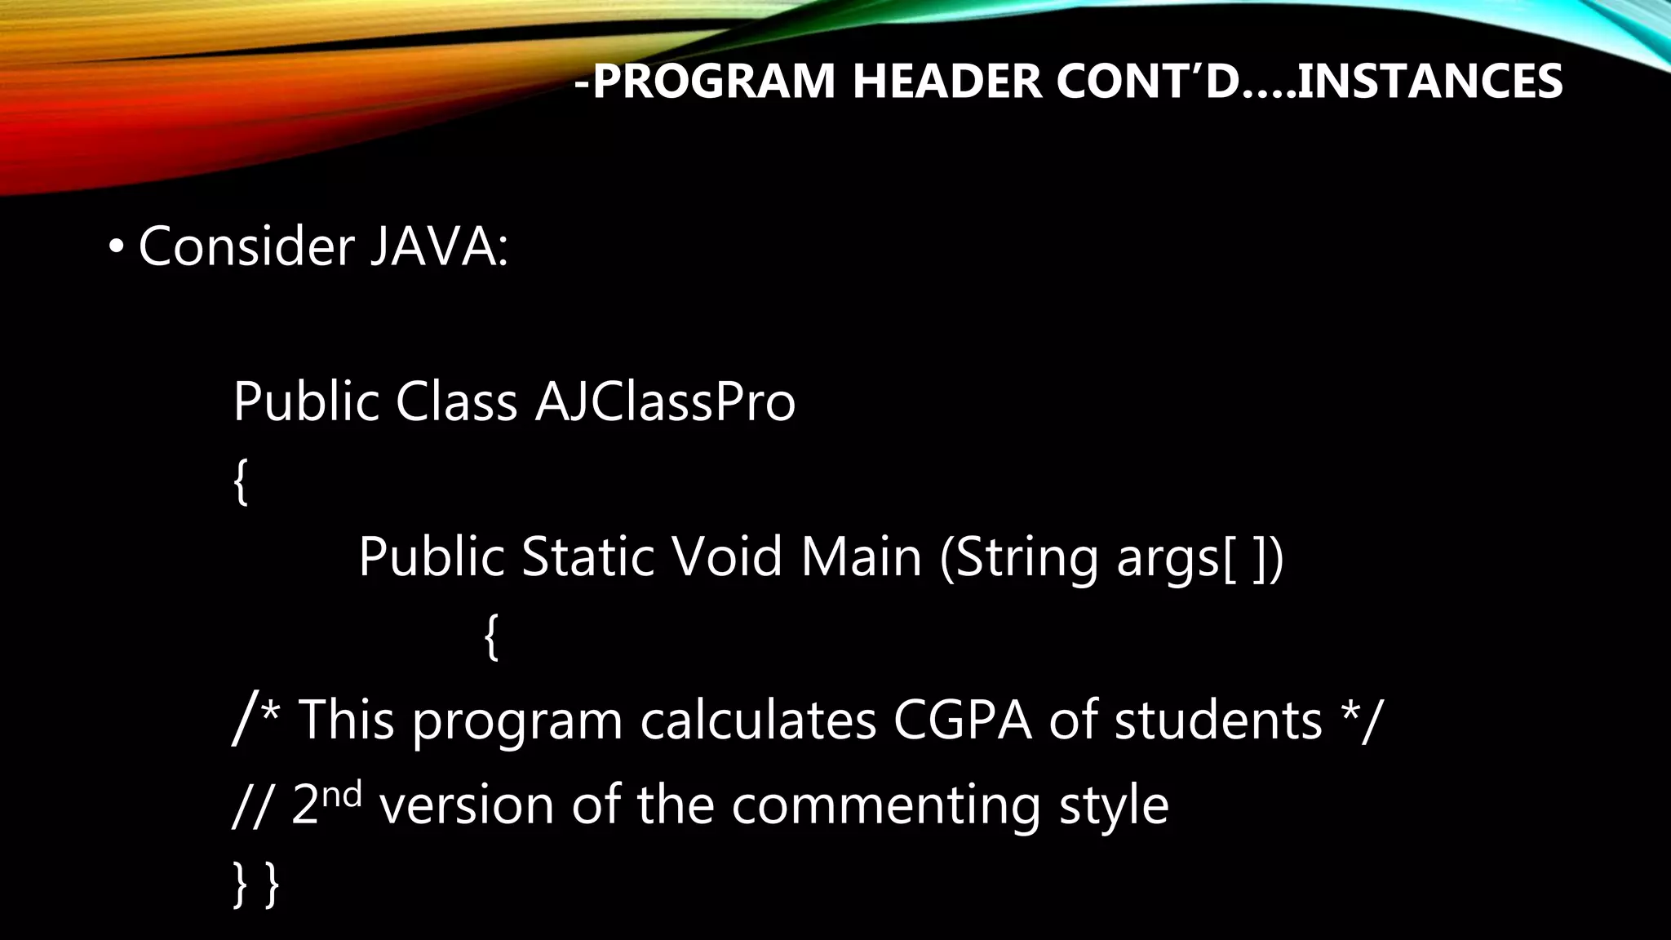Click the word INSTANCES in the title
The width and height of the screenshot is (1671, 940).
click(1429, 82)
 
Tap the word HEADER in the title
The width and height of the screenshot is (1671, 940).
click(946, 82)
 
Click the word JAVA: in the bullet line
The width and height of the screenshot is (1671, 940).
click(439, 246)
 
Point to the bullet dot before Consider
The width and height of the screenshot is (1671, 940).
click(116, 246)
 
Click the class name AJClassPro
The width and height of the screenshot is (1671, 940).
click(665, 401)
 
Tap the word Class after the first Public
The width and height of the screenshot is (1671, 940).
click(456, 401)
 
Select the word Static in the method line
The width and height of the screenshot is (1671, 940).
click(587, 556)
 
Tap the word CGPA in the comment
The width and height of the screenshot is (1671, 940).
click(963, 720)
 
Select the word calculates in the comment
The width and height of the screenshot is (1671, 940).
click(758, 720)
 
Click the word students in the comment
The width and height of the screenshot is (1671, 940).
click(1218, 720)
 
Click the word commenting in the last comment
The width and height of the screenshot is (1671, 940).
click(885, 805)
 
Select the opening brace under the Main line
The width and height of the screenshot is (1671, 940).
click(490, 636)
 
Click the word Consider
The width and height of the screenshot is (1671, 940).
click(246, 246)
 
